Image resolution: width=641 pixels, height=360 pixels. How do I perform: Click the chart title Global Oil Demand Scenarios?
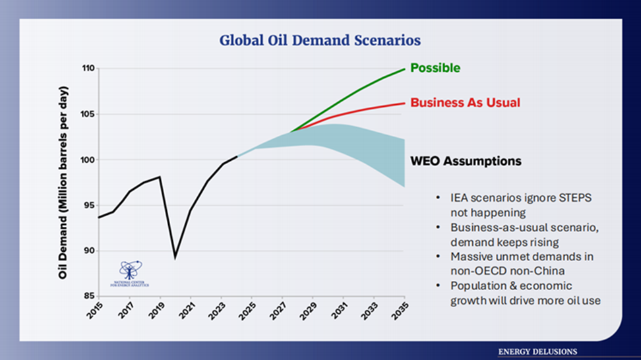coord(320,41)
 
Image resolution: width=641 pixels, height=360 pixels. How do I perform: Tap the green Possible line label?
coord(435,68)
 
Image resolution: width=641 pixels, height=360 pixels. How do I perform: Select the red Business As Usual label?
coord(465,102)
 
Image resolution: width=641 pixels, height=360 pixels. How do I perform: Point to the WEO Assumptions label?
coord(466,161)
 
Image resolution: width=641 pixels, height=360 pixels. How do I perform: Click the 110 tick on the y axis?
coord(87,68)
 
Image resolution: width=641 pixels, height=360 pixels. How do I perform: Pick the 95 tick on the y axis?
coord(89,205)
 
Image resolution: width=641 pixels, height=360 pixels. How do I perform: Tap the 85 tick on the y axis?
coord(89,296)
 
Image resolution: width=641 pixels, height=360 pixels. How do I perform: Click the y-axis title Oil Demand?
coord(63,181)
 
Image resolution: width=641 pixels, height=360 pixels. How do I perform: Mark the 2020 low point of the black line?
coord(175,258)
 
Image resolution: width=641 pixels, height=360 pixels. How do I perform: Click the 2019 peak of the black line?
coord(160,177)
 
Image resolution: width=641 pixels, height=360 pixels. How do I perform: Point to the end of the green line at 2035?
coord(404,69)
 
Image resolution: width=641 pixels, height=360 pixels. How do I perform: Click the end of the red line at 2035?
coord(404,103)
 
